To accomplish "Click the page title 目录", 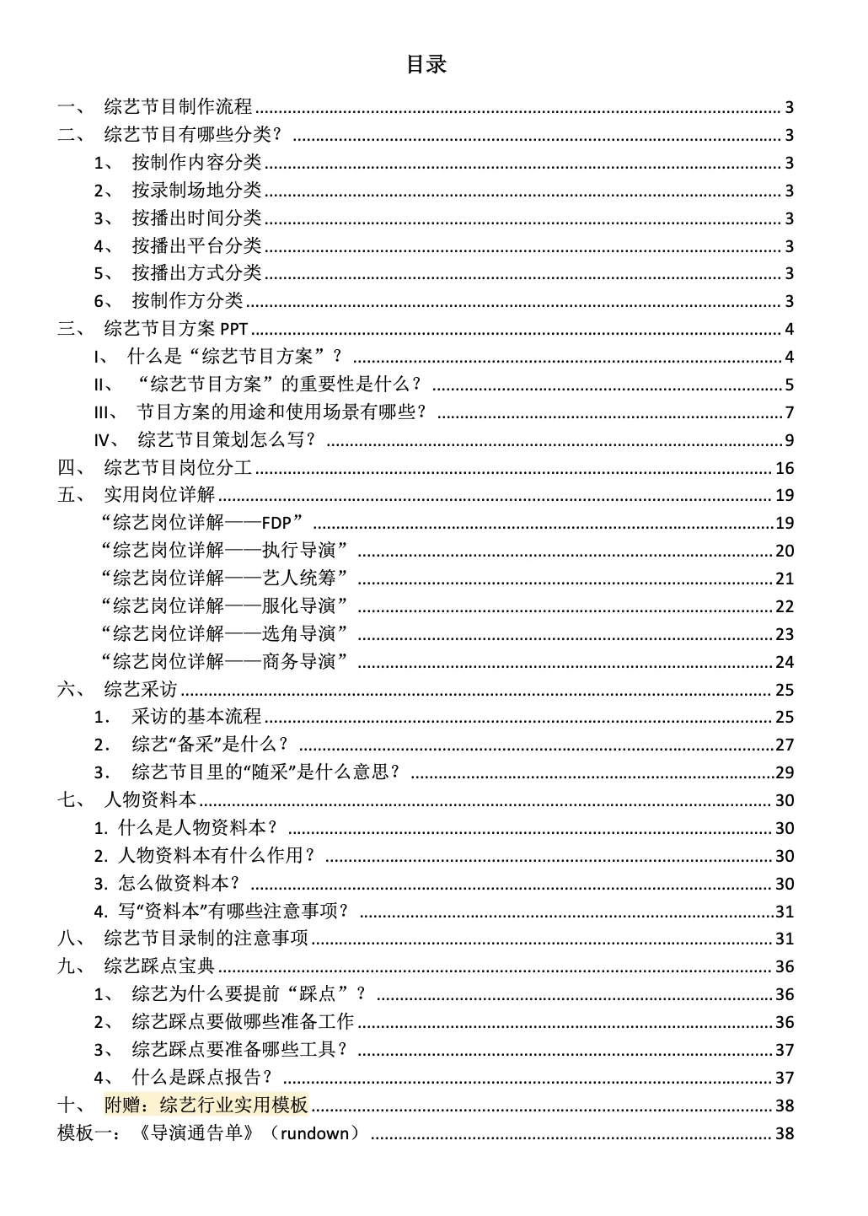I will click(x=426, y=65).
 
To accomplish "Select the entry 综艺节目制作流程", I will click(x=178, y=107).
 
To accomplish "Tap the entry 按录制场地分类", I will click(x=196, y=191).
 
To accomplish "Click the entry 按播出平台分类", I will click(x=196, y=246).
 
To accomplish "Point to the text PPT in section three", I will click(x=233, y=330).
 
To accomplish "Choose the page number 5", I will click(x=790, y=385).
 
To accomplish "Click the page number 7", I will click(x=790, y=413).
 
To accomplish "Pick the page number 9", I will click(x=790, y=440).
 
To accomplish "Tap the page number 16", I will click(x=785, y=469).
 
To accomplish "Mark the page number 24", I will click(x=785, y=663).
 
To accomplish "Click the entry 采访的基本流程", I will click(x=196, y=717).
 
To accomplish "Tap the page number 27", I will click(x=785, y=745).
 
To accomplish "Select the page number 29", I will click(x=785, y=773).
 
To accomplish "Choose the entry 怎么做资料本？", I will click(x=179, y=884).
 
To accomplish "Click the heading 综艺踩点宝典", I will click(x=159, y=966).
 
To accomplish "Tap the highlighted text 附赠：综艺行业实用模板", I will click(x=206, y=1106).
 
